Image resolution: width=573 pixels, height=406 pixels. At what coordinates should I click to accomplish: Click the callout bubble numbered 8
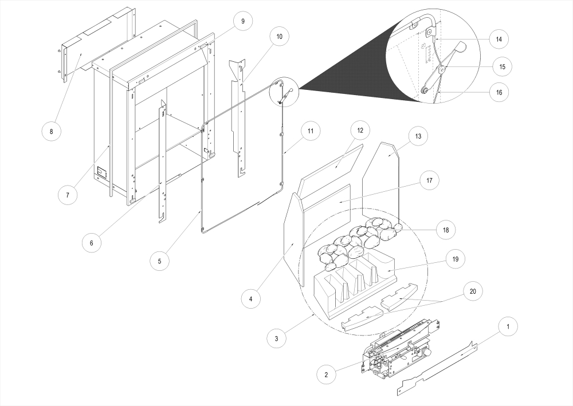click(x=51, y=132)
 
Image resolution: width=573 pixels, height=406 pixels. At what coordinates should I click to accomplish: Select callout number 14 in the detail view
click(x=499, y=39)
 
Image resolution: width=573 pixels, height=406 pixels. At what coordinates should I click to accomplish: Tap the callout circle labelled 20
click(x=472, y=291)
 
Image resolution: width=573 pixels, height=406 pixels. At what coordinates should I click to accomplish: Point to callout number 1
click(x=506, y=327)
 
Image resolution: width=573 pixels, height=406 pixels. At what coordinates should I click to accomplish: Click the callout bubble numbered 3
click(x=277, y=338)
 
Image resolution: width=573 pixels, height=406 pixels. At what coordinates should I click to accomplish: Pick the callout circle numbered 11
click(x=309, y=131)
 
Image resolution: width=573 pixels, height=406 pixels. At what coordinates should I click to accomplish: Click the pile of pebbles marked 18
click(x=358, y=234)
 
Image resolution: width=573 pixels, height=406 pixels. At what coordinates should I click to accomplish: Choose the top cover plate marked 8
click(x=95, y=52)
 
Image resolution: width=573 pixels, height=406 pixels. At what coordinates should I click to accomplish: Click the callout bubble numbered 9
click(x=242, y=21)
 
